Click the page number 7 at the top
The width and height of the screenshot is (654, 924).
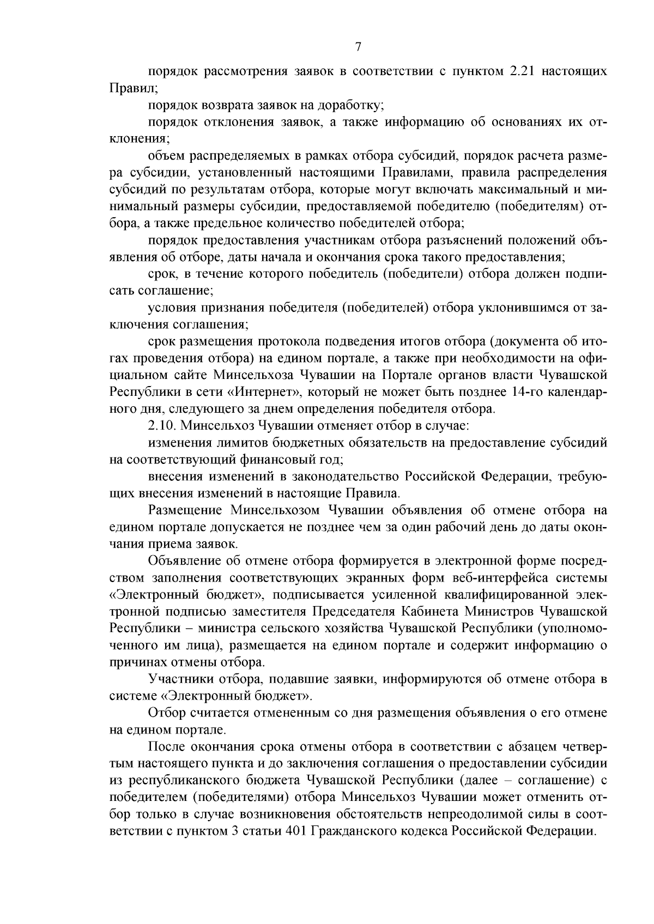pos(358,47)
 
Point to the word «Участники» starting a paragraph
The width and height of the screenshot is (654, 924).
pos(180,679)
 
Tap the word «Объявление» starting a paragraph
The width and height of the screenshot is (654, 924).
pos(184,561)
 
